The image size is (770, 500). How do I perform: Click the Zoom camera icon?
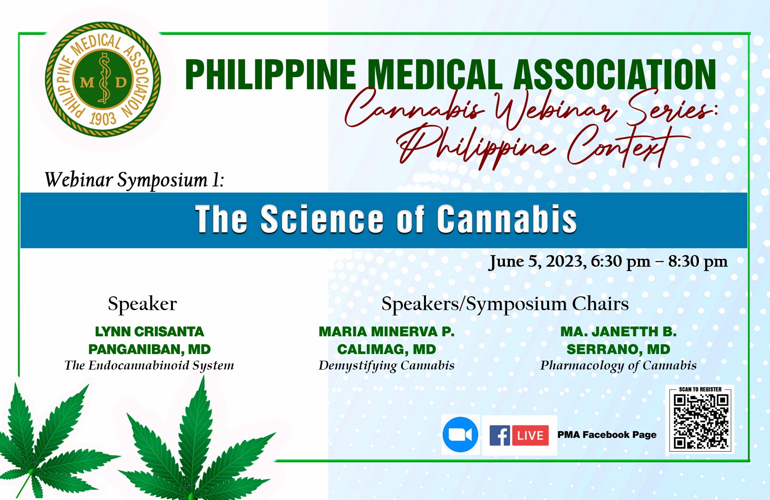click(x=460, y=435)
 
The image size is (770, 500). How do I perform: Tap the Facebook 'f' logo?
click(x=500, y=435)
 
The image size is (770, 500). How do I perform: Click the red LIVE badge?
click(x=530, y=435)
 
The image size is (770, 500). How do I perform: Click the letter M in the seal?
click(x=87, y=82)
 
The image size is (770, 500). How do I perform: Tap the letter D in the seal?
click(x=121, y=82)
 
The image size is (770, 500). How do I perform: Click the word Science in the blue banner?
click(x=322, y=219)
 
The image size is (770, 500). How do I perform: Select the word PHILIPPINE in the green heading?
click(x=270, y=75)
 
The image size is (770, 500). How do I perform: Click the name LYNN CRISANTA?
click(x=149, y=331)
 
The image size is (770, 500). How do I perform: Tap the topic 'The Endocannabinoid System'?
click(x=149, y=365)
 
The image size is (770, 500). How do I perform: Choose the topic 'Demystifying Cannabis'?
click(x=386, y=366)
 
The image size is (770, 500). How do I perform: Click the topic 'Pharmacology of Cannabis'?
click(x=618, y=366)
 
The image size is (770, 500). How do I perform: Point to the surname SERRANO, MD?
click(x=618, y=349)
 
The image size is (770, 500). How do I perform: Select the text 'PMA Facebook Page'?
click(x=607, y=435)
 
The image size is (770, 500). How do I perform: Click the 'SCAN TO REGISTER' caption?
click(x=700, y=389)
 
